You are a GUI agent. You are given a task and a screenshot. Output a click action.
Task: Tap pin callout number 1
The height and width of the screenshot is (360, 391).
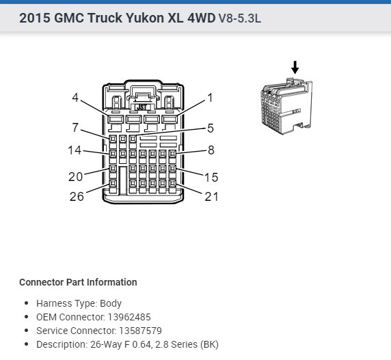(210, 98)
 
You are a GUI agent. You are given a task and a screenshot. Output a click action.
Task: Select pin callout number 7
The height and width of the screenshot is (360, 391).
(76, 128)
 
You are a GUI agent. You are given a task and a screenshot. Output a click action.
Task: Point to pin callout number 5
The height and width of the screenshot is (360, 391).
(211, 128)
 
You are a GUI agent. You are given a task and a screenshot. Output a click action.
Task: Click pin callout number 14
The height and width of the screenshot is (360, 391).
(75, 151)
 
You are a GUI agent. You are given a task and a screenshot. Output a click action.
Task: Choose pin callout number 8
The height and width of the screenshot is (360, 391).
(211, 151)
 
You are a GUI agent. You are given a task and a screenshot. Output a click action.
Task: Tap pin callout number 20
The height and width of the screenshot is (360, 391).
(75, 176)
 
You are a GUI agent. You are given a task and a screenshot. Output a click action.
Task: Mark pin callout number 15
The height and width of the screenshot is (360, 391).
(211, 177)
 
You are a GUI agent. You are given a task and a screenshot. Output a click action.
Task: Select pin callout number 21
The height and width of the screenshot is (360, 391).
(211, 197)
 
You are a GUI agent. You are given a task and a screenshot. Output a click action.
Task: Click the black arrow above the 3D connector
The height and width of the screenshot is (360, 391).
(295, 67)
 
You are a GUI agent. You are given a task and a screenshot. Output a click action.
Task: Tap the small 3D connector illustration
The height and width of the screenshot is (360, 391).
(286, 107)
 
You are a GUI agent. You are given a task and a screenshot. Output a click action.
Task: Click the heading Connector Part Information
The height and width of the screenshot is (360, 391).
(78, 282)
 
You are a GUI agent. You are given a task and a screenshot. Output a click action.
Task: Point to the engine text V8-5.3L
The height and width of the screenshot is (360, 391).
(239, 18)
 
